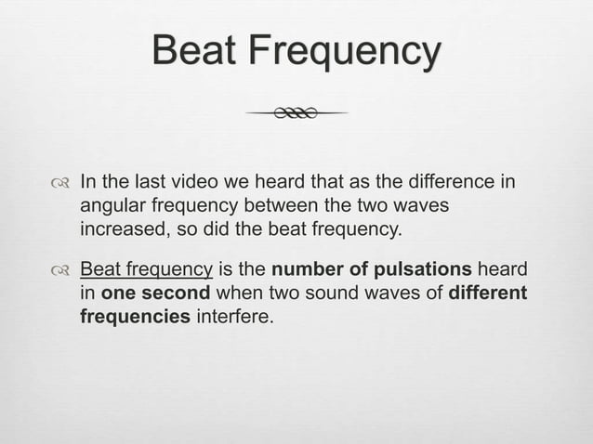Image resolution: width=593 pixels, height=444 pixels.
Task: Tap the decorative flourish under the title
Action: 296,113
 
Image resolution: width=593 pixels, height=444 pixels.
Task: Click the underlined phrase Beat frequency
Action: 147,270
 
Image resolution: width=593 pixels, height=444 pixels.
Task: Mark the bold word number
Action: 304,270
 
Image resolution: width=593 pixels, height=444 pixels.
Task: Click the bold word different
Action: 487,294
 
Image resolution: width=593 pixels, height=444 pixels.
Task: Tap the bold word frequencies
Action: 132,316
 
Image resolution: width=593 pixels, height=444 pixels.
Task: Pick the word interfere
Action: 234,316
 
